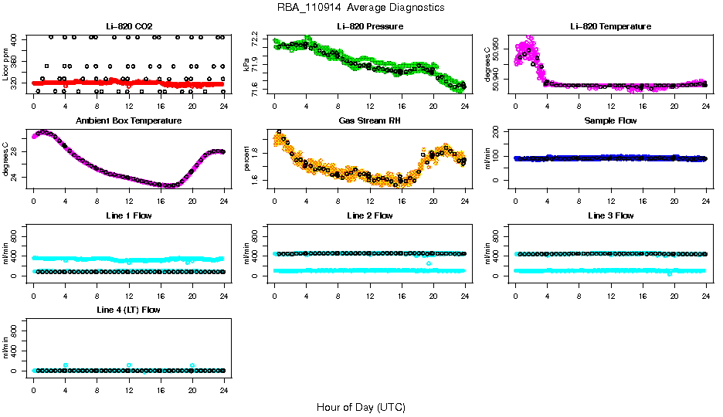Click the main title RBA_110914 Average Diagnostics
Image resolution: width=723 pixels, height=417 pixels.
[361, 8]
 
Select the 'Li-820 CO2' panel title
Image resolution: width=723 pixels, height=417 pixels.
[128, 26]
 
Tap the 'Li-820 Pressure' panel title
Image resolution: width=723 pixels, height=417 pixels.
[369, 26]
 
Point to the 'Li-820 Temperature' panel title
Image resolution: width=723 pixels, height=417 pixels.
[610, 26]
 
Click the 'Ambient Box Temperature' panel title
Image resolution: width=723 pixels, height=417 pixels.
[128, 121]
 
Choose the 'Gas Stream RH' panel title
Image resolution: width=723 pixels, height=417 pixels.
[369, 121]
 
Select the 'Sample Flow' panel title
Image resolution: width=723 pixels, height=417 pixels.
[610, 121]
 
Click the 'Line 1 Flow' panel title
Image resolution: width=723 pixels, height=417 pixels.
[128, 215]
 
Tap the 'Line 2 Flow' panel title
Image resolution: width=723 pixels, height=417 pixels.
[369, 215]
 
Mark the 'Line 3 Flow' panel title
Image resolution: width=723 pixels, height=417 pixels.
[610, 215]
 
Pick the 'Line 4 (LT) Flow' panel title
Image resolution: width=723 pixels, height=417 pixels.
[128, 310]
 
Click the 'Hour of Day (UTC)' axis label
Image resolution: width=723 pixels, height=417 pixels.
[361, 407]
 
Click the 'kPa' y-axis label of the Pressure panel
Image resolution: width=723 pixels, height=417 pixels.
[248, 64]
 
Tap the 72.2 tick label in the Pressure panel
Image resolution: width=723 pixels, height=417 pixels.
[257, 37]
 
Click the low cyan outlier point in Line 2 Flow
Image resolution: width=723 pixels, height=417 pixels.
[428, 264]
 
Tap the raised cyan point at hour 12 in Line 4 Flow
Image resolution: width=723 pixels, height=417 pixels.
[128, 365]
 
